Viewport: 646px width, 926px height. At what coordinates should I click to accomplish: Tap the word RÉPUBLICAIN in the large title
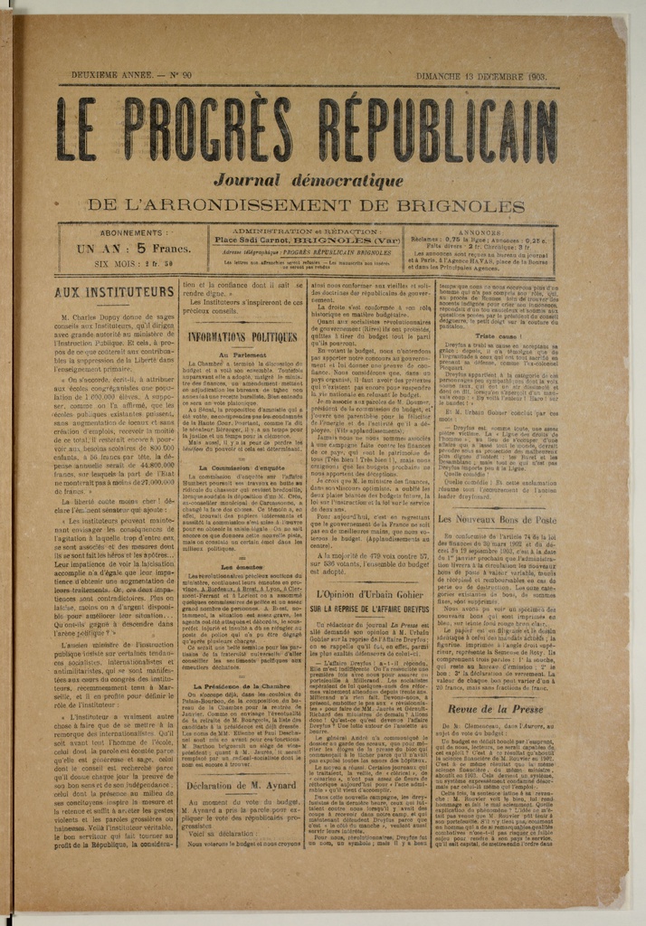438,128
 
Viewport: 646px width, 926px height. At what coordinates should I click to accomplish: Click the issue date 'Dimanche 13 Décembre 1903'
480,77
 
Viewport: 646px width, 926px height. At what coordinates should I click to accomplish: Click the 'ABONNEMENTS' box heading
119,233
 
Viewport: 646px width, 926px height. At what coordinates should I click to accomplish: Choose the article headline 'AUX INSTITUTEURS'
114,293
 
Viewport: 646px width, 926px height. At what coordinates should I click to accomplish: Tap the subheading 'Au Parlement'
242,355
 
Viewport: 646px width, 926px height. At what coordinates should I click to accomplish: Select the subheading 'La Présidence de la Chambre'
242,686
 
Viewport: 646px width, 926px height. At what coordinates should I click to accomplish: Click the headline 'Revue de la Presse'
497,709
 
